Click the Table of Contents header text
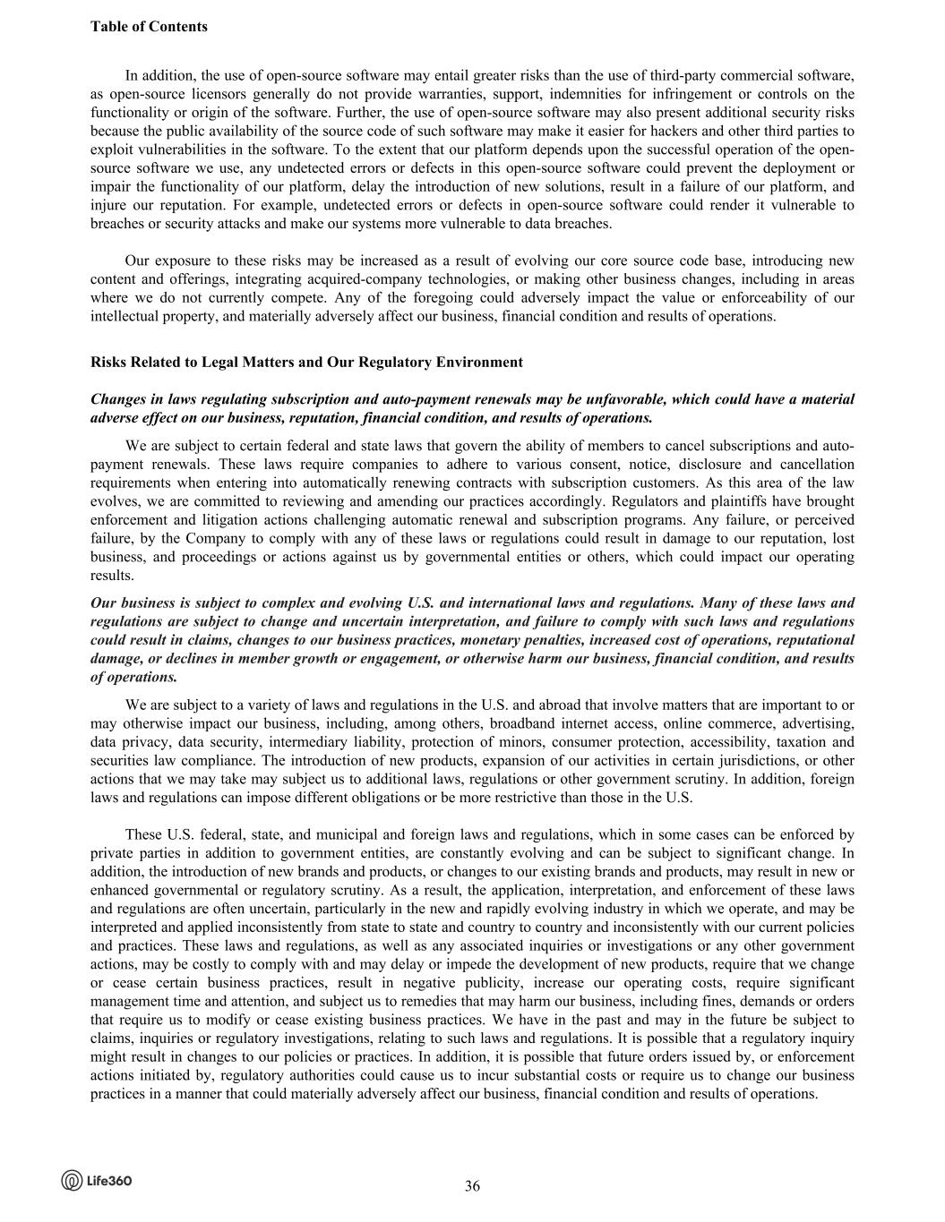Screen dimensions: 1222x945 click(149, 27)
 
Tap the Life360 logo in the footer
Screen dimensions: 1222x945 click(97, 1181)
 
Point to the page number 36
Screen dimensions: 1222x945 click(472, 1186)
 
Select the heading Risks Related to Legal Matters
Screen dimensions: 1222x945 click(306, 363)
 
